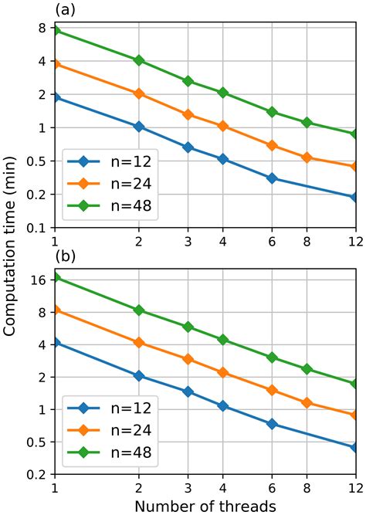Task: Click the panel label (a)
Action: tap(65, 10)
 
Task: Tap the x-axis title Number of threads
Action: tap(205, 506)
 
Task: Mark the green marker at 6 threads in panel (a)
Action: tap(272, 112)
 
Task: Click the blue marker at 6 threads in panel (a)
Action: tap(272, 178)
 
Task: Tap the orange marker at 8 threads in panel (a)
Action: tap(307, 158)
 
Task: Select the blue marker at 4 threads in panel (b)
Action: tap(223, 405)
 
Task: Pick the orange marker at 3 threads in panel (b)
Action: tap(188, 360)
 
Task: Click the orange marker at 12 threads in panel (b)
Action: tap(355, 415)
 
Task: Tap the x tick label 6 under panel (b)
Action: tap(272, 489)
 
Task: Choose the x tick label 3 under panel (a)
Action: tap(188, 241)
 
